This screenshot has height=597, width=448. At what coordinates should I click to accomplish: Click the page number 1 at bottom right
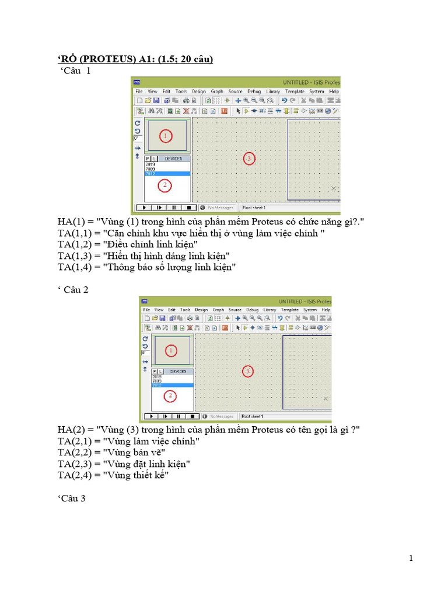coord(411,558)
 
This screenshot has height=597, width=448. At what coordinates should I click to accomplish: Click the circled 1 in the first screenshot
coord(165,136)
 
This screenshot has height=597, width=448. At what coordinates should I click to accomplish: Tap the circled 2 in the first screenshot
coord(165,185)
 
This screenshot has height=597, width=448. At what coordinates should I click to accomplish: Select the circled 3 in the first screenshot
coord(249,159)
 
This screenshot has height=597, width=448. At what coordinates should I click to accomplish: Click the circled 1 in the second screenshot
coord(171,350)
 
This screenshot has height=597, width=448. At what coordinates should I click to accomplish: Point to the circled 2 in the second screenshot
coord(170,396)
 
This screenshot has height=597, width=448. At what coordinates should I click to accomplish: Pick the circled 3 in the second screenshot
coord(248,371)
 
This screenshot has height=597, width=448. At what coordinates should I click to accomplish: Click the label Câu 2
coord(76,290)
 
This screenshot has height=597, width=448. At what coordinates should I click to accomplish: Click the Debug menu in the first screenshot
coord(254,92)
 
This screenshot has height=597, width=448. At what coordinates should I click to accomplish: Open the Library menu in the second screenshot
coord(269,310)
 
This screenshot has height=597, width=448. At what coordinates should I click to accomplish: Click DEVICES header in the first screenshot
coord(173,159)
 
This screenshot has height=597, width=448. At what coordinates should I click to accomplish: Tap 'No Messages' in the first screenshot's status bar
coord(222,208)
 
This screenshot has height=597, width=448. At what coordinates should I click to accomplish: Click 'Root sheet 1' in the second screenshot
coord(254,416)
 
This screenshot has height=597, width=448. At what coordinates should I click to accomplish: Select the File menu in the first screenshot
coord(139,92)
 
